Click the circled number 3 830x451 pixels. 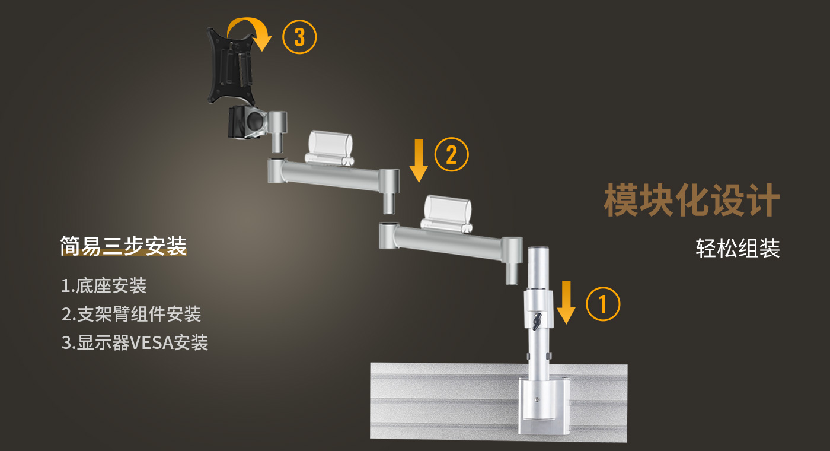[299, 37]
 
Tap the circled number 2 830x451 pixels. [451, 154]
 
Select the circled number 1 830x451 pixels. [603, 304]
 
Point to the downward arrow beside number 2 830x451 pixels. [419, 161]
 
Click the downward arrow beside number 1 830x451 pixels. [566, 302]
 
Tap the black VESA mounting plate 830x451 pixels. [231, 66]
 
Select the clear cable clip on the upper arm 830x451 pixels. [330, 148]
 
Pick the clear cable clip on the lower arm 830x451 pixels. [447, 214]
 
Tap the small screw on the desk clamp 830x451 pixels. [537, 400]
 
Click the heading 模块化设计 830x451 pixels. [692, 201]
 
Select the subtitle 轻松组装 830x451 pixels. [738, 248]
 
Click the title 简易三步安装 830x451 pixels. [123, 246]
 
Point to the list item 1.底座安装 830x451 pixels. [104, 286]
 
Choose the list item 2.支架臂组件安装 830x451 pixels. [131, 314]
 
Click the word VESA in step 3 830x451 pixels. [152, 343]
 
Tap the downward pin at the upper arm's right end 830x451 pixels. [389, 202]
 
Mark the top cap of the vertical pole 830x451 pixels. [538, 249]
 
